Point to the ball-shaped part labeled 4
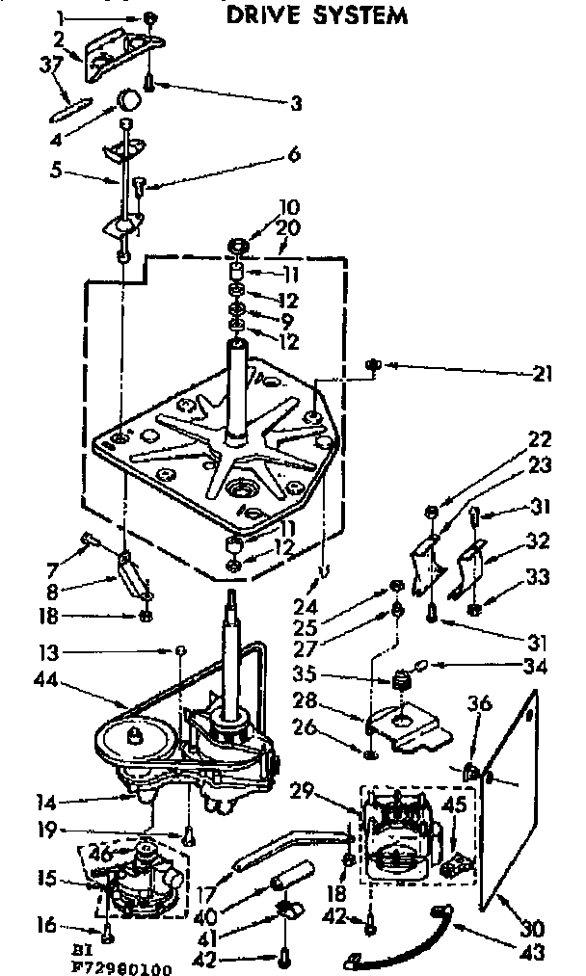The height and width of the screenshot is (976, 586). click(x=128, y=100)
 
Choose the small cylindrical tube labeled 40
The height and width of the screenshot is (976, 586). click(x=291, y=880)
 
